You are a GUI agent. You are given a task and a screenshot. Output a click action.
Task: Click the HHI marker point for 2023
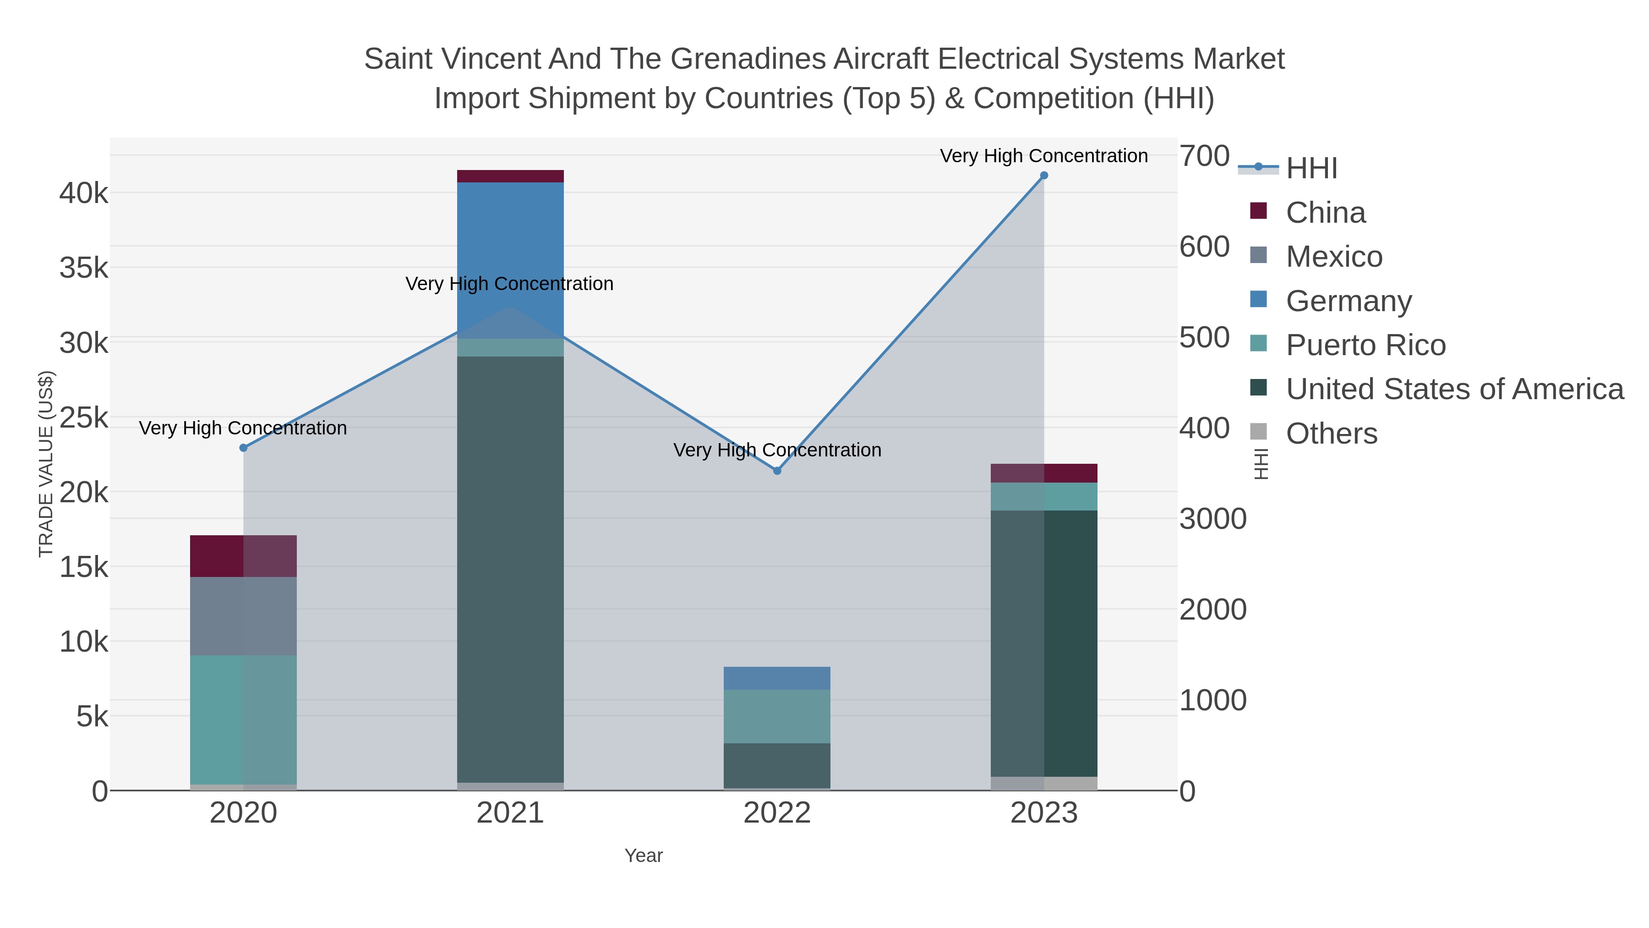click(1043, 176)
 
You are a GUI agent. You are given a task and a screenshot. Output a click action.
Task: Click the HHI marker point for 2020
click(243, 448)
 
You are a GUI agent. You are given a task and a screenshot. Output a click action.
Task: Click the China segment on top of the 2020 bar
click(243, 556)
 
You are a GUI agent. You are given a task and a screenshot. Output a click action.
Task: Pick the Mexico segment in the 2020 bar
click(243, 615)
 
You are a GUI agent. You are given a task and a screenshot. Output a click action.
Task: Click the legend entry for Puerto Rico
click(1365, 345)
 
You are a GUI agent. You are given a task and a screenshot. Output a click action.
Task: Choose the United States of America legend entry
click(1454, 390)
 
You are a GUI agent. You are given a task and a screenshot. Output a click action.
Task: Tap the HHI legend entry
click(1311, 169)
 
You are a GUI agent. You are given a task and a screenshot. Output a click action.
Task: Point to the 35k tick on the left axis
click(84, 269)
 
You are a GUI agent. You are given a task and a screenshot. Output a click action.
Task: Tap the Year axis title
click(644, 856)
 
